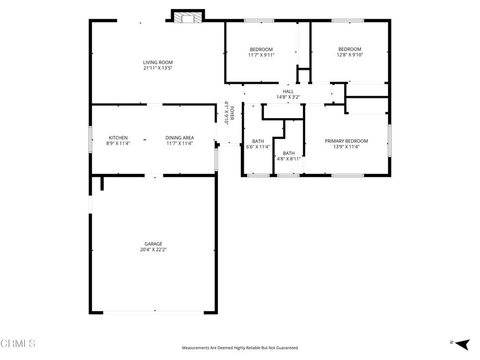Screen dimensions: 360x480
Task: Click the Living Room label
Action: tap(158, 62)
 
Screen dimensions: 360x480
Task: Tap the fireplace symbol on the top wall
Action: tap(187, 16)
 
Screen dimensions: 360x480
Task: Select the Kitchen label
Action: tap(118, 137)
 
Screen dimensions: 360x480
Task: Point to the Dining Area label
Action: tap(180, 137)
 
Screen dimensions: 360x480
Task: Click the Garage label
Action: tap(153, 243)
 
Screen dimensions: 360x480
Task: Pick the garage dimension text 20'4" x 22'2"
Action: tap(153, 250)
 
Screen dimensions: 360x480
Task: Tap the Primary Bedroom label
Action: tap(347, 141)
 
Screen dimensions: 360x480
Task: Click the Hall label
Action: tap(288, 92)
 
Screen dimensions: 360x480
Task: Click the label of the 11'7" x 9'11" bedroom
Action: tap(261, 49)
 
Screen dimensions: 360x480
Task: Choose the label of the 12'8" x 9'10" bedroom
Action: tap(348, 49)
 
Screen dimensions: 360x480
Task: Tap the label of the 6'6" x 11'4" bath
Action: tap(258, 141)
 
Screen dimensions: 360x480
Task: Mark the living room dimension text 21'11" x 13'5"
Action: tap(158, 68)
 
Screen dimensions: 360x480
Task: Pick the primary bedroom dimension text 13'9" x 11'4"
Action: tap(347, 147)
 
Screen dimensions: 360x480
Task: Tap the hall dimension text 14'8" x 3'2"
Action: tap(288, 97)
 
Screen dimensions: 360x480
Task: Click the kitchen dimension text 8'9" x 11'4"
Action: tap(118, 143)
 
